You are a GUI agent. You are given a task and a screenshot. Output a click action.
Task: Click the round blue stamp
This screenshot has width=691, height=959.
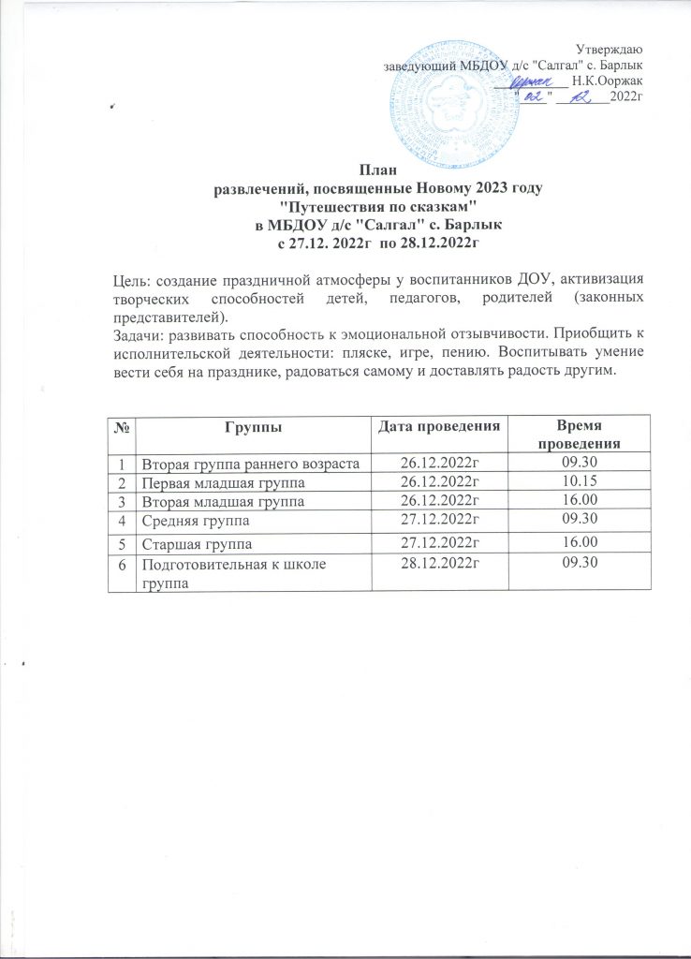click(x=468, y=94)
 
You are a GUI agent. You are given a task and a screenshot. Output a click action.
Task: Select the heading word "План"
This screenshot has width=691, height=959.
click(x=378, y=170)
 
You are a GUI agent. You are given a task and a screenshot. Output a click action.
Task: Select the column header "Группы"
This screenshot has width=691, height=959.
click(x=253, y=427)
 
